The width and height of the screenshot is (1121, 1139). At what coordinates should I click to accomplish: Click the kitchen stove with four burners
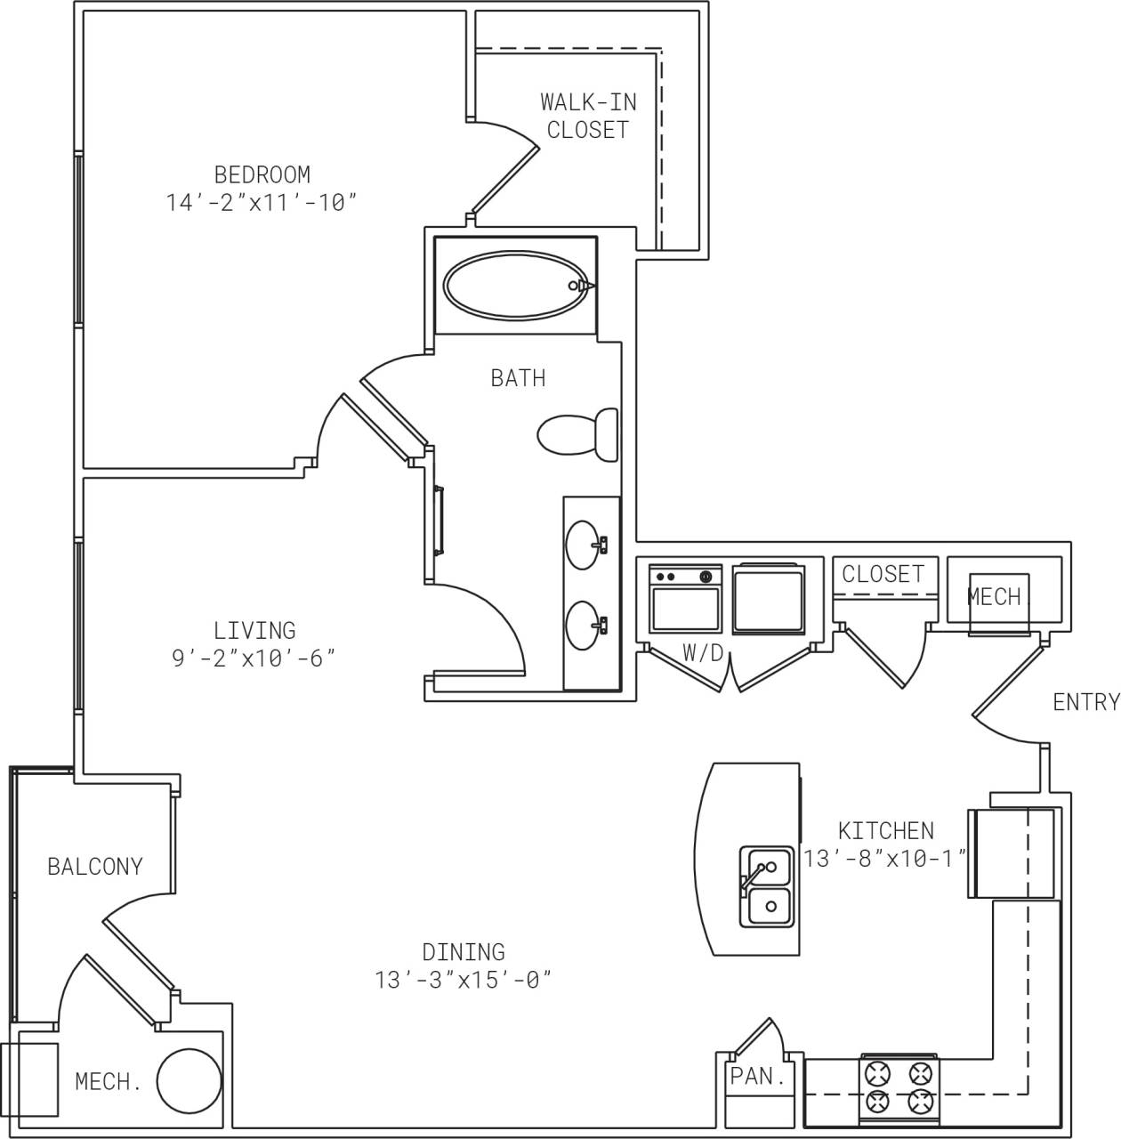click(x=899, y=1087)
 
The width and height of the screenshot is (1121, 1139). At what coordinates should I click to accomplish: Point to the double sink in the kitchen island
click(x=766, y=886)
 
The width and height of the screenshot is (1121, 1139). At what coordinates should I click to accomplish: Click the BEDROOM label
click(x=262, y=174)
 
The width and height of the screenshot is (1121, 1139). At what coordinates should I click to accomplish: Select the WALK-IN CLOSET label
click(x=588, y=116)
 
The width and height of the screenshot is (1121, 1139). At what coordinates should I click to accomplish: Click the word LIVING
click(x=254, y=630)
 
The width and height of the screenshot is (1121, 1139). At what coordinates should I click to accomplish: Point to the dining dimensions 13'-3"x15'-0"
click(x=464, y=981)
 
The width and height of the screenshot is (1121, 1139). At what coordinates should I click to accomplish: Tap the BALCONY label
click(x=95, y=866)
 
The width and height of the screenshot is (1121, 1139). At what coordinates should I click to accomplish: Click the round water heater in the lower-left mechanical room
click(x=189, y=1081)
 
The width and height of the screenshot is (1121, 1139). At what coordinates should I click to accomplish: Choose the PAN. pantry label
click(x=758, y=1076)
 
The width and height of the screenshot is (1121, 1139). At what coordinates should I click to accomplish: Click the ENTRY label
click(x=1085, y=702)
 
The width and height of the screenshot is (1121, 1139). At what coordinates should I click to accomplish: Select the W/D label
click(x=703, y=653)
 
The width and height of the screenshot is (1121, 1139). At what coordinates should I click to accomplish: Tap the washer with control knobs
click(x=685, y=599)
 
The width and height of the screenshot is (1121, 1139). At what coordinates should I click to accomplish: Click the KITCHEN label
click(x=886, y=830)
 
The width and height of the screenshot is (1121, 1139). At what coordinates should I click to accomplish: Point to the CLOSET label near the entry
click(x=883, y=574)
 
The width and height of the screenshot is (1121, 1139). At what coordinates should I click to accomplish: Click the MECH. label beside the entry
click(x=995, y=597)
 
